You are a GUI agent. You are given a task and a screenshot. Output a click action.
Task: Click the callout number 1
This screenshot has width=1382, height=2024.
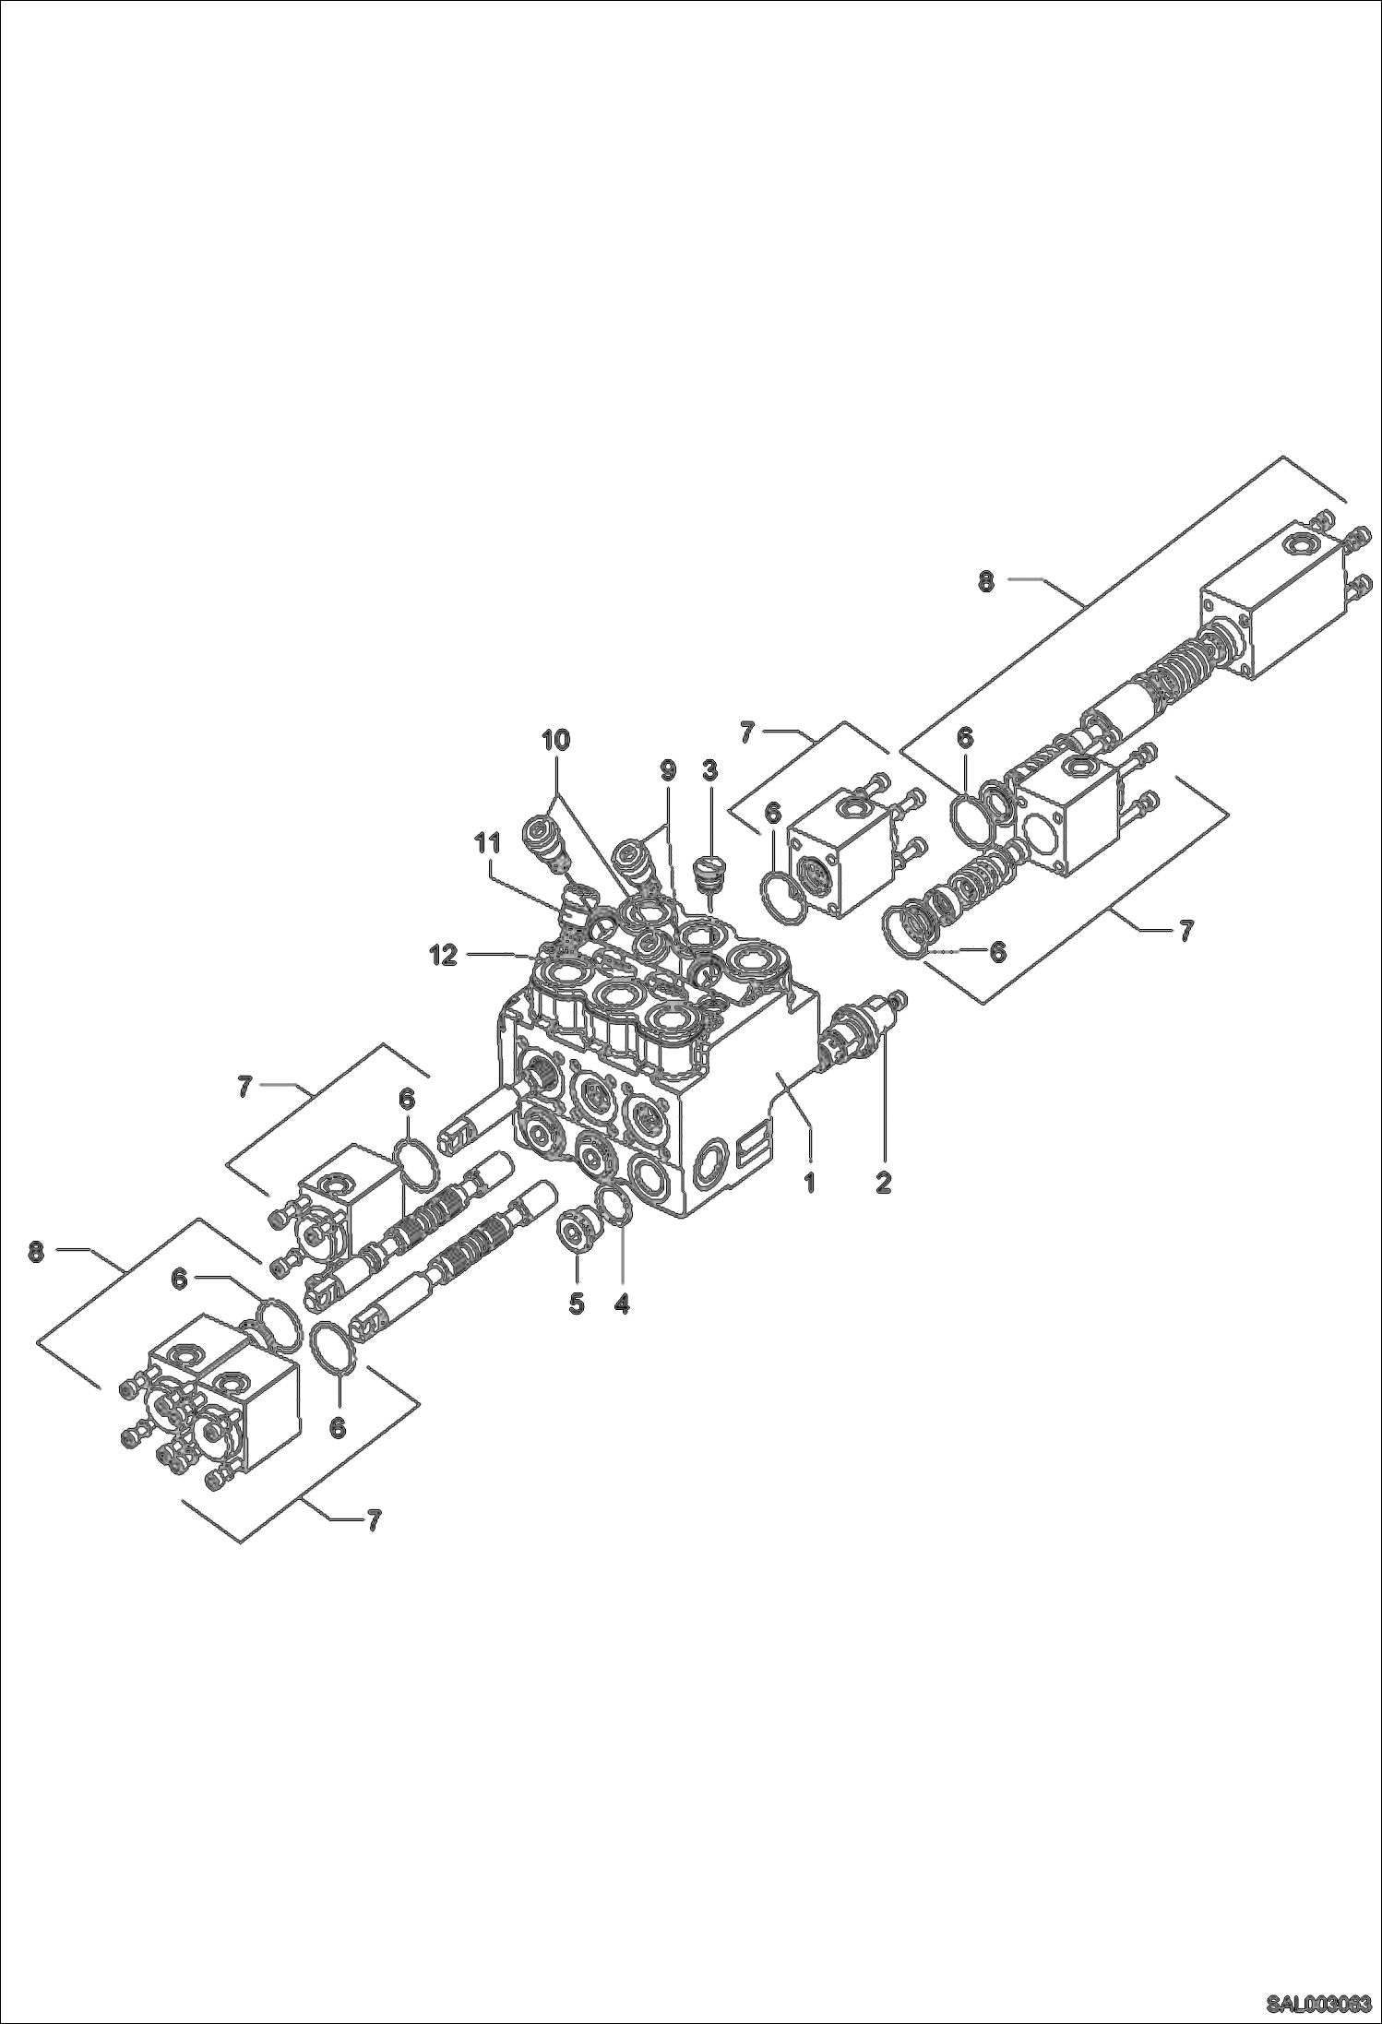click(809, 1183)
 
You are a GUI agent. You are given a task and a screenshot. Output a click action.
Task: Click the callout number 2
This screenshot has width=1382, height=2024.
click(883, 1183)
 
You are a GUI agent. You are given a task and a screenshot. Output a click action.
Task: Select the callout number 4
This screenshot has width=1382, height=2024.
click(621, 1304)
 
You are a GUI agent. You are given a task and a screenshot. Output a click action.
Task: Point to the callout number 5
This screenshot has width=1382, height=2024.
click(577, 1304)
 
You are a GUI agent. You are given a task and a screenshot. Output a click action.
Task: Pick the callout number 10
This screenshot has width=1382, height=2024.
click(555, 739)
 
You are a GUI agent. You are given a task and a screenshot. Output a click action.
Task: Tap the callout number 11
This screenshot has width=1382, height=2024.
click(487, 842)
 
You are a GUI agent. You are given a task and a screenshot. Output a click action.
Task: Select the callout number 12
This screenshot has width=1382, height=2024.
click(444, 957)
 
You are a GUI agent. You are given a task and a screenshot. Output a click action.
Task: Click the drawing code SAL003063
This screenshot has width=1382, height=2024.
click(1317, 2001)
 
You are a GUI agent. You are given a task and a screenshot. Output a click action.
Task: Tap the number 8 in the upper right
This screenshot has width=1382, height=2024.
click(986, 582)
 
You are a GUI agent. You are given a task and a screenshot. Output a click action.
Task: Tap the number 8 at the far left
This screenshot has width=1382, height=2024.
click(35, 1253)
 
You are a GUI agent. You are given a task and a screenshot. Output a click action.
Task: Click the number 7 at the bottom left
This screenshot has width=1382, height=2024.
click(372, 1520)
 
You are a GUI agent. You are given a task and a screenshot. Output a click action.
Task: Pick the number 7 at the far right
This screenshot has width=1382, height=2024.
click(1185, 931)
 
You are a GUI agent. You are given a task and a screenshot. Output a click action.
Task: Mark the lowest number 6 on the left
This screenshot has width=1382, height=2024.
click(338, 1427)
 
